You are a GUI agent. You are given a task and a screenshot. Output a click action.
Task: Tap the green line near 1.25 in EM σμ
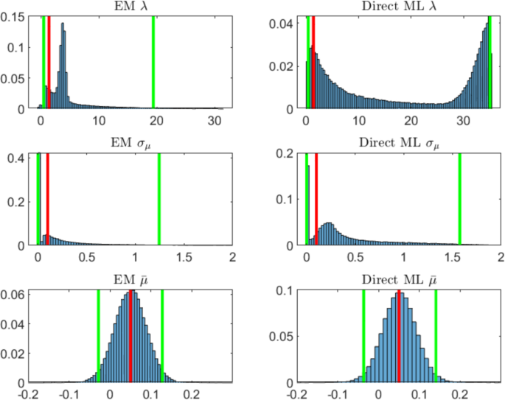[159, 199]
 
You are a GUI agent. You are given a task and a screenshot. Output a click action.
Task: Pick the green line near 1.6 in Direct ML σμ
[459, 199]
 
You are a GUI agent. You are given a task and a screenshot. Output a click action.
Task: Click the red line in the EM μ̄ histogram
[130, 336]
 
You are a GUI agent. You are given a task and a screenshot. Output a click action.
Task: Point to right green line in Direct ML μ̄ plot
[436, 336]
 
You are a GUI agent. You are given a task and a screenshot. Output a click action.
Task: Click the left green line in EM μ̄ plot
[98, 336]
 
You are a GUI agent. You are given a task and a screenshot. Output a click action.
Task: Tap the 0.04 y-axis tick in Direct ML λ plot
[283, 24]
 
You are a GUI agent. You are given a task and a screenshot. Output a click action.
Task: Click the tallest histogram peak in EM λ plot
[63, 25]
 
